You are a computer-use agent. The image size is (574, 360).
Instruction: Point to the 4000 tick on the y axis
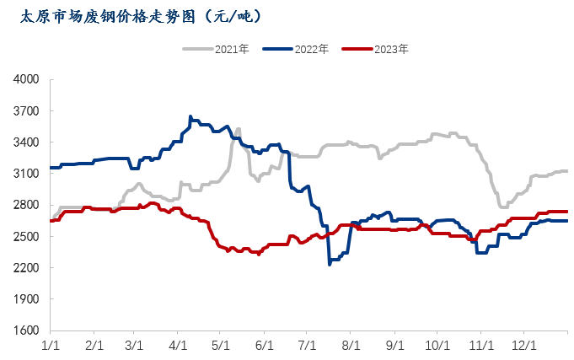(28, 79)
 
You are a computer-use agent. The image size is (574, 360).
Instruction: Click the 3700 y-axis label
(28, 110)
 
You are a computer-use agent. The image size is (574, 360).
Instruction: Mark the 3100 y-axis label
(28, 174)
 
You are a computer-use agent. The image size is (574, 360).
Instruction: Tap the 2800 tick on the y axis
(28, 205)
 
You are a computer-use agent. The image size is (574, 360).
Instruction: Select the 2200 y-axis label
(28, 268)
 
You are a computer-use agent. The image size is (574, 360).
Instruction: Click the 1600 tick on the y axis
(28, 330)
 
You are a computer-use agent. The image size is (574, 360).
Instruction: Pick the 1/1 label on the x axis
(51, 345)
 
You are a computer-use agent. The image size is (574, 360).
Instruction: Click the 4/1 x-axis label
(178, 345)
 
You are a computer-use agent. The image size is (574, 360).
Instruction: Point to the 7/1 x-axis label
(307, 345)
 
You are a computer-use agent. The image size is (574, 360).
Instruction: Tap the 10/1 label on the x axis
(436, 345)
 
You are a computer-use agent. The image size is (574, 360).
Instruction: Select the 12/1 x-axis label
(524, 345)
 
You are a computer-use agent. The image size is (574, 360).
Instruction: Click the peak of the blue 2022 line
(190, 116)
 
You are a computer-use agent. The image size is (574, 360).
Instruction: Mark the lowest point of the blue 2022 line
(330, 264)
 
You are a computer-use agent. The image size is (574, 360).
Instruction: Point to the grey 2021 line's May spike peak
(239, 129)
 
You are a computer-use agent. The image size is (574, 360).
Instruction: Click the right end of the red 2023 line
(566, 212)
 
